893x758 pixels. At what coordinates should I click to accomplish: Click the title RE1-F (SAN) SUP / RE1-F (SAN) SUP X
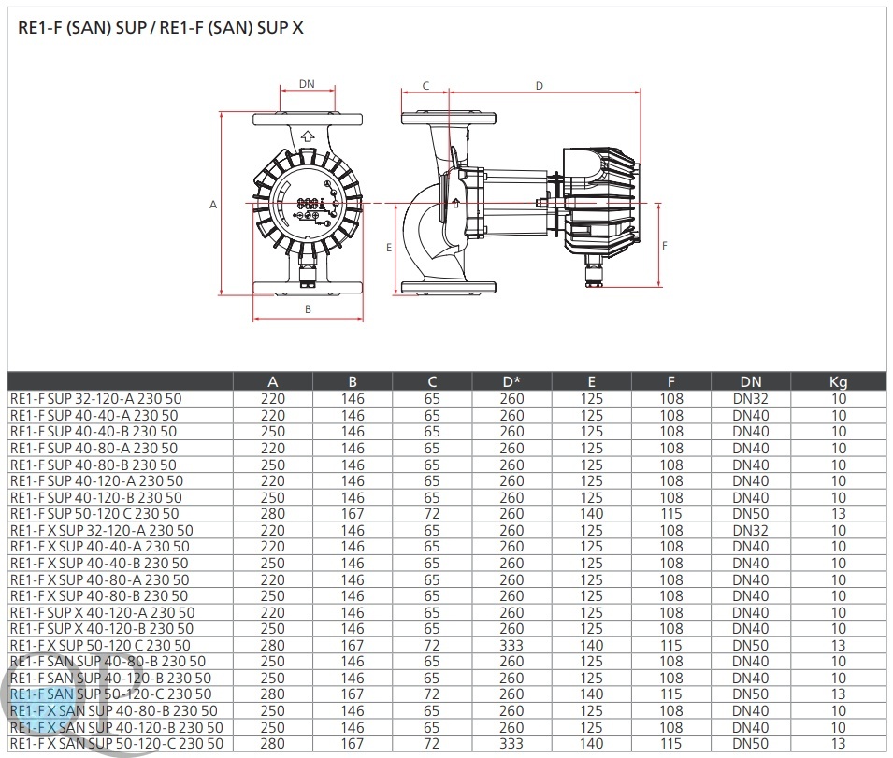click(161, 28)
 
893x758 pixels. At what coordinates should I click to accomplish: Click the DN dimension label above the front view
click(307, 84)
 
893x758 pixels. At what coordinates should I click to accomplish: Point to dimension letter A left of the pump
click(213, 205)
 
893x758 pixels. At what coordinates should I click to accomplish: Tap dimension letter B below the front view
click(308, 309)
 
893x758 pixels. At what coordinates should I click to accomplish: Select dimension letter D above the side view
click(540, 86)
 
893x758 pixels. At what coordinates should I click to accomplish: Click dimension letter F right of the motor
click(665, 246)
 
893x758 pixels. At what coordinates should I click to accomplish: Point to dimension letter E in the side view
click(389, 248)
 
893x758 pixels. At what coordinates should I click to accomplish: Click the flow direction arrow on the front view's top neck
click(308, 136)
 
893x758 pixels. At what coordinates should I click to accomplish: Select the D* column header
click(511, 382)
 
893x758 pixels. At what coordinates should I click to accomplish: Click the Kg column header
click(839, 382)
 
